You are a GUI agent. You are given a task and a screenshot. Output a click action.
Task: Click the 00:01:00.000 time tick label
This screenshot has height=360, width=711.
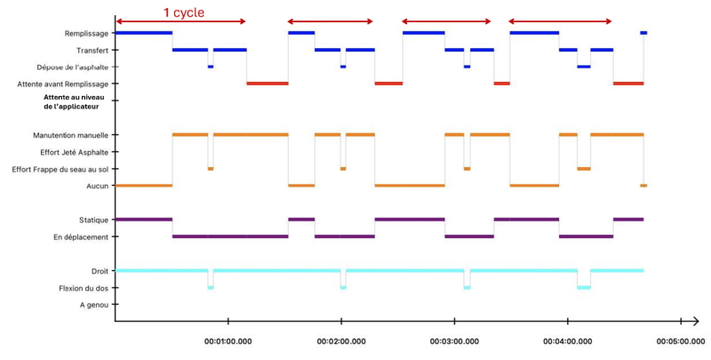click(228, 340)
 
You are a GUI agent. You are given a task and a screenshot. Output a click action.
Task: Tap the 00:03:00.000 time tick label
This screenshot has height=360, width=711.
click(454, 340)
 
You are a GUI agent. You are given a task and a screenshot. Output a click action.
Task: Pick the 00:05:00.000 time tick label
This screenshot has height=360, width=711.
click(680, 340)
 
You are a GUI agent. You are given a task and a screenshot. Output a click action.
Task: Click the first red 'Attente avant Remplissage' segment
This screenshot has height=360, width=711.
click(268, 84)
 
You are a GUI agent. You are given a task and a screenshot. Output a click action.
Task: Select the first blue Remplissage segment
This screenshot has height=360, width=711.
click(143, 33)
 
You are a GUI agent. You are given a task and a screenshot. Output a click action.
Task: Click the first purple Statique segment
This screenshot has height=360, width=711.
click(143, 220)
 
